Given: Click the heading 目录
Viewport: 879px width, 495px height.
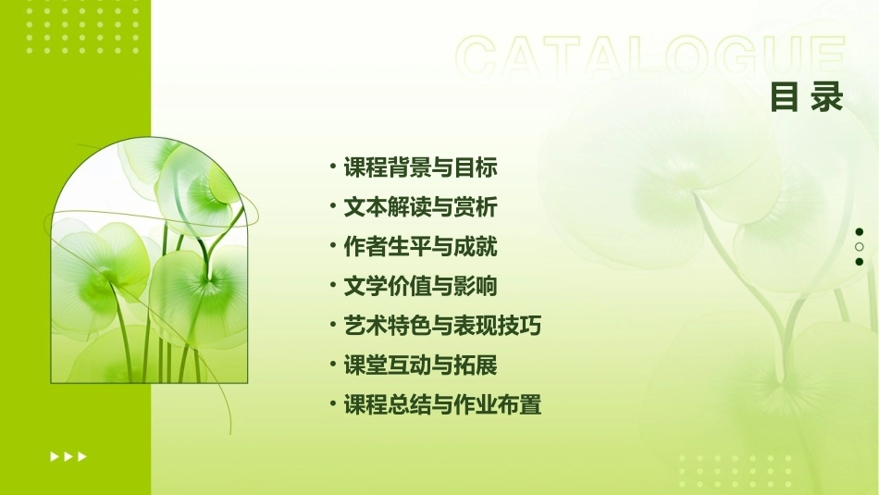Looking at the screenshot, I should (x=807, y=96).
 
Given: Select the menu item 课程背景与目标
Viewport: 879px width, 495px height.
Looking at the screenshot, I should (x=420, y=167).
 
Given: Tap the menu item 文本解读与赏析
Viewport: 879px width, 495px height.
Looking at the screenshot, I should (x=420, y=207).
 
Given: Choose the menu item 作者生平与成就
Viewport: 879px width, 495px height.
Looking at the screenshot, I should (x=420, y=247).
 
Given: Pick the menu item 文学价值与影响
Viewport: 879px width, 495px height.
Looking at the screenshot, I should (x=420, y=287).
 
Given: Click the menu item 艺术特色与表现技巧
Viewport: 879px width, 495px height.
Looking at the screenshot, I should (x=442, y=326).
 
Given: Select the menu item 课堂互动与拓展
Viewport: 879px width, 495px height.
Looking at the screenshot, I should (x=420, y=365).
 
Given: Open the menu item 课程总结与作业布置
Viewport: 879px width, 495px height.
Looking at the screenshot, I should (x=442, y=405).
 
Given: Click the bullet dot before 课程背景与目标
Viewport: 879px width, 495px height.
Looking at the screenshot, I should (x=332, y=167).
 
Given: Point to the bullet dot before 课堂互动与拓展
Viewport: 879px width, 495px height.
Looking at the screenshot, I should (x=332, y=365).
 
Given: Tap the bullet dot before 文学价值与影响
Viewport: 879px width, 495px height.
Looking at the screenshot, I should (x=332, y=285).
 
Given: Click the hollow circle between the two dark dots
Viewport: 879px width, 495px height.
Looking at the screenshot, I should (x=860, y=247).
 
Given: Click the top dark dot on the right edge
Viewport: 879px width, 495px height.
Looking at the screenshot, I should (x=860, y=231).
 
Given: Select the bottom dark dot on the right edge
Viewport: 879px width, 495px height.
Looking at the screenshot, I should (x=860, y=263).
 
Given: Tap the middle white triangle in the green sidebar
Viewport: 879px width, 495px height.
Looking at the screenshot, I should (x=68, y=456).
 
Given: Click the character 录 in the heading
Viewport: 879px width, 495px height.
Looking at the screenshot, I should (x=827, y=96).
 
